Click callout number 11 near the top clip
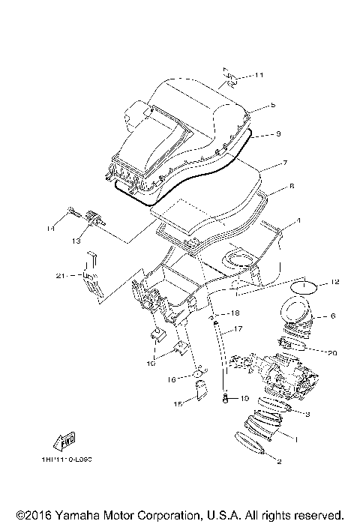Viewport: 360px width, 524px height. (x=259, y=76)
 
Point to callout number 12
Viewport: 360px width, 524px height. (x=336, y=282)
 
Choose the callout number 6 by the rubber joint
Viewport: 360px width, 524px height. (x=333, y=317)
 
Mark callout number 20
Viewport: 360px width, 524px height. (x=332, y=352)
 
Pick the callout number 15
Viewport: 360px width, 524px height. (x=178, y=405)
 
